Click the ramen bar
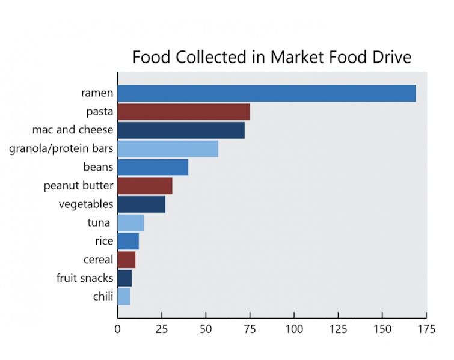266,94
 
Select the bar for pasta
183,112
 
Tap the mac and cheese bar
181,130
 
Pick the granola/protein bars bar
168,149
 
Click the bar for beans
153,168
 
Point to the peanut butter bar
145,186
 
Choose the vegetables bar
141,204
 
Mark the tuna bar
130,223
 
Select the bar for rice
128,242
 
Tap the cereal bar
126,260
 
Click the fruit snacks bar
124,278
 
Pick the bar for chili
124,297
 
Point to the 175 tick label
426,329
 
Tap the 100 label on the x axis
293,329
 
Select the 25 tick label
161,329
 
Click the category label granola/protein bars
61,149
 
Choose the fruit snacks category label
85,278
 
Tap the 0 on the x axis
118,329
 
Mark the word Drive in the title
390,57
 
